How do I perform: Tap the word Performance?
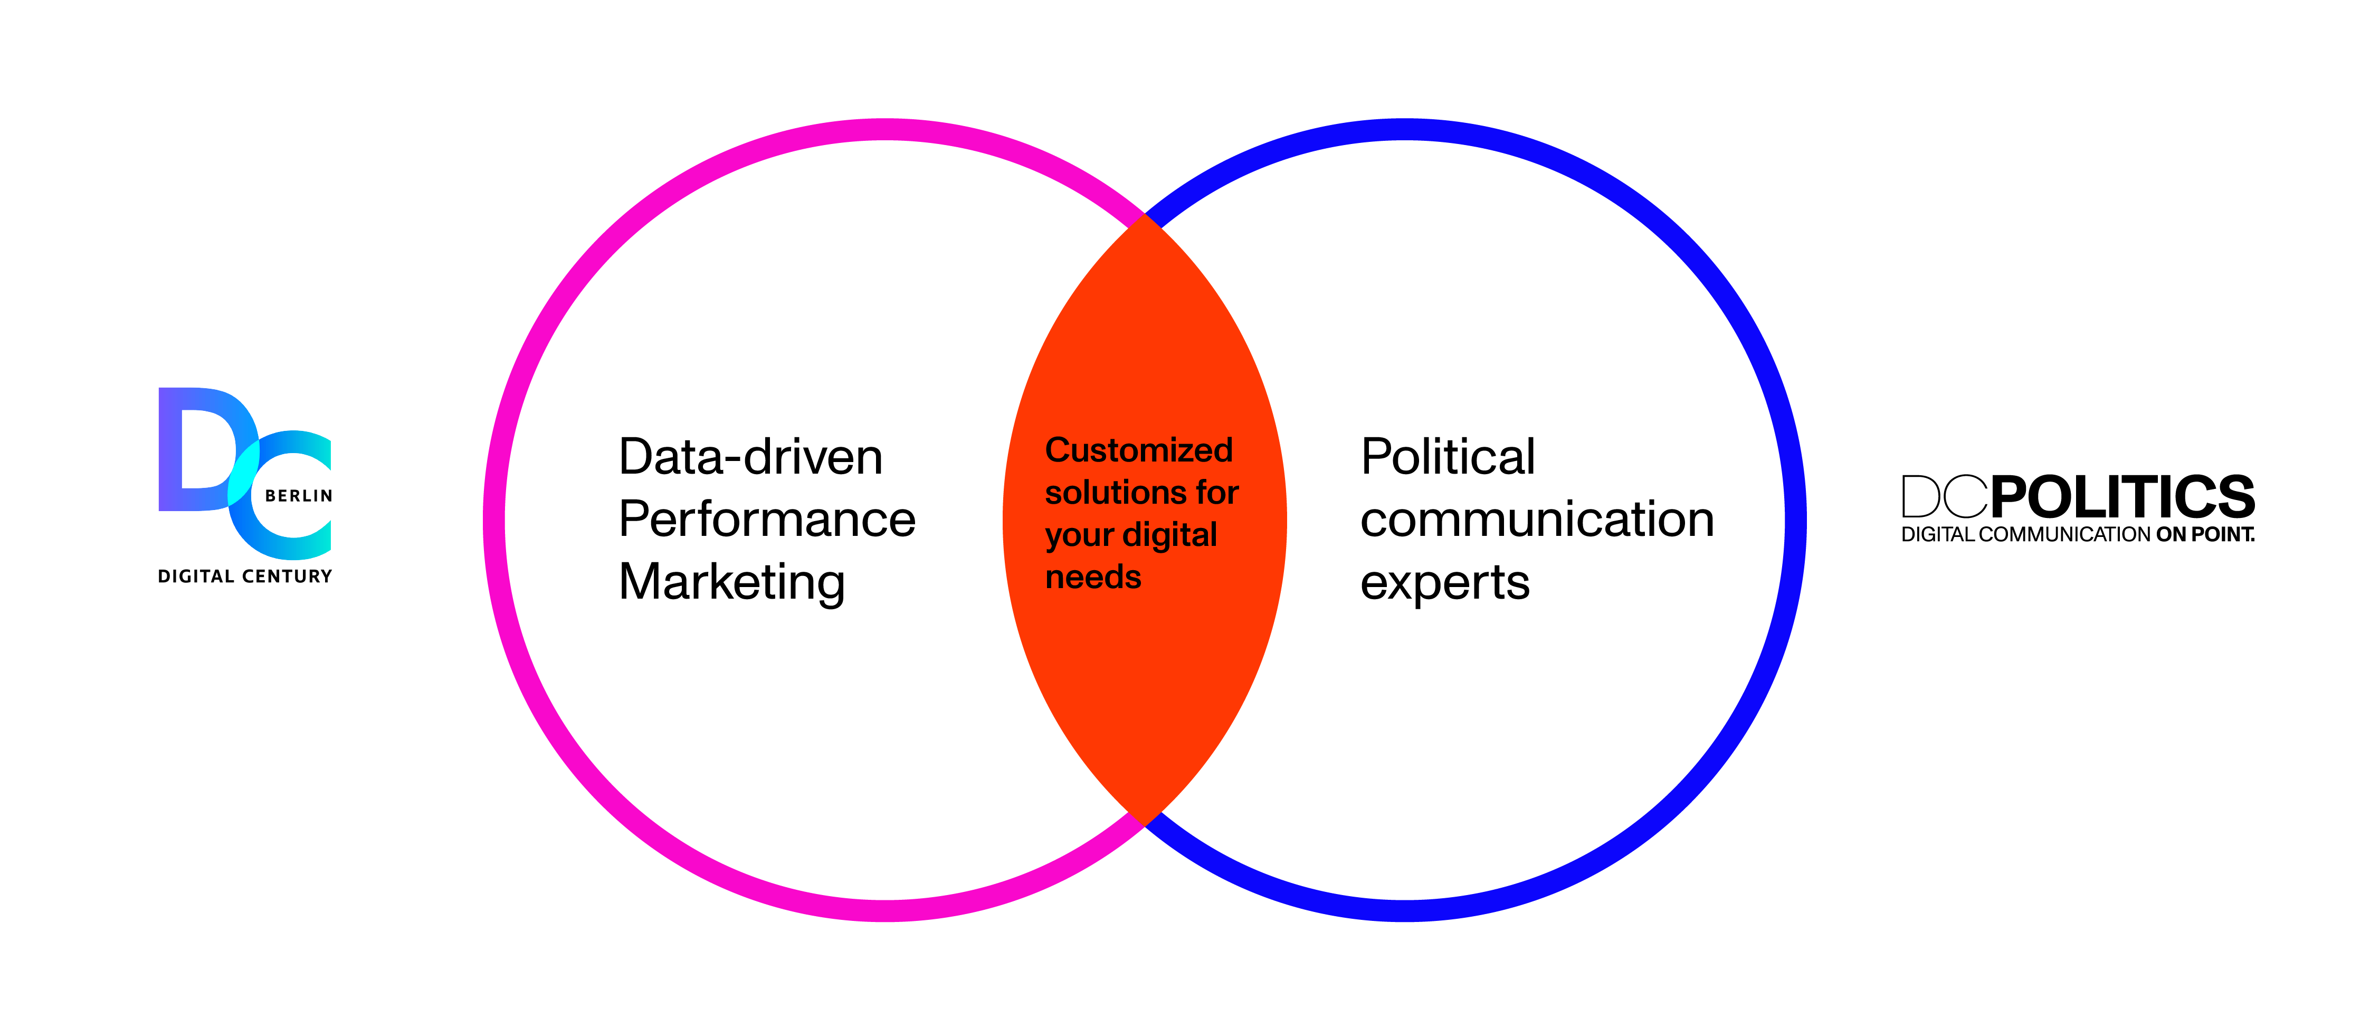pos(766,520)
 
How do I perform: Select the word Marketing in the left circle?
pos(731,582)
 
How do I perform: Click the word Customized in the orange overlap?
pos(1138,450)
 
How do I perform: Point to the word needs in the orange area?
pos(1093,578)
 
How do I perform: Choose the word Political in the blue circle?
pos(1447,457)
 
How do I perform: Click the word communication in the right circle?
pos(1536,520)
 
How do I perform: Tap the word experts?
pos(1444,582)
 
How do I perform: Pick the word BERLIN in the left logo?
pos(298,496)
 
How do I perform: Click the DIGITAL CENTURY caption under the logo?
pos(245,576)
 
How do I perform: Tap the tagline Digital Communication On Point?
pos(2078,534)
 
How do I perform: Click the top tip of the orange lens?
pos(1144,217)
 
